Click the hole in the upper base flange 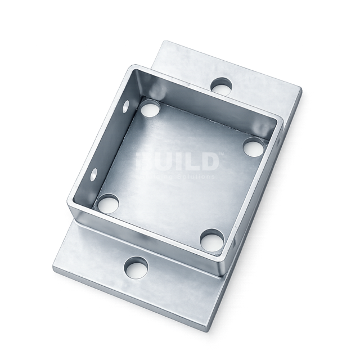click(222, 86)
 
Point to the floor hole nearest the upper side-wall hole click(150, 109)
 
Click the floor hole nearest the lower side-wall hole click(107, 202)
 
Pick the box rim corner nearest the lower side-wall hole click(71, 208)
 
